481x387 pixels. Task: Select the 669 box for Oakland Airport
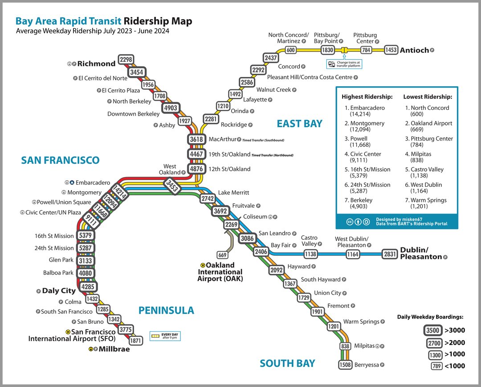(x=222, y=255)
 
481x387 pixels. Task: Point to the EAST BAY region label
(x=299, y=124)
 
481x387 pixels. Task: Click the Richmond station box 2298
(x=126, y=60)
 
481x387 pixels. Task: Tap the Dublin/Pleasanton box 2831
(x=389, y=254)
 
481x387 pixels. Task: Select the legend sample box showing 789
(x=436, y=366)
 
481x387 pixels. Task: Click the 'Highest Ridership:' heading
(x=367, y=97)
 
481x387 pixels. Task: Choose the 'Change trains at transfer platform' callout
(x=344, y=64)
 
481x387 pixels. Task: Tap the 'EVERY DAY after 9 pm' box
(x=164, y=336)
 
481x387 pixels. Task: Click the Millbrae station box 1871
(x=135, y=341)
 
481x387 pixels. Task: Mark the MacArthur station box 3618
(x=196, y=139)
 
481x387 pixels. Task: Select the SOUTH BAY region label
(x=287, y=363)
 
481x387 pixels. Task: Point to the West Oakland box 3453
(x=172, y=185)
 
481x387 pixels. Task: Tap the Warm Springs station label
(x=361, y=322)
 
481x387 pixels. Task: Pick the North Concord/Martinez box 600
(x=291, y=50)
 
